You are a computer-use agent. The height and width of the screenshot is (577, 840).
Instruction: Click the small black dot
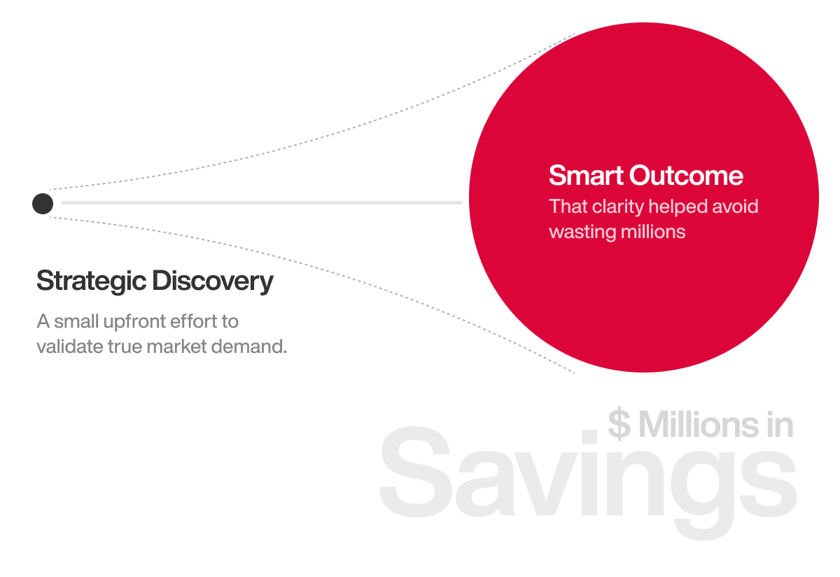tap(43, 204)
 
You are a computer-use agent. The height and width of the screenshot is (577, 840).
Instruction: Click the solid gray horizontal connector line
tap(262, 202)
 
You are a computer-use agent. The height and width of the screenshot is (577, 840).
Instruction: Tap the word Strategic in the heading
tap(91, 281)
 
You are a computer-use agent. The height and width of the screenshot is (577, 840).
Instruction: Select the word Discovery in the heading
tap(213, 281)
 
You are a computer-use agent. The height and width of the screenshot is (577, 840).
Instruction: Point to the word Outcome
tap(686, 175)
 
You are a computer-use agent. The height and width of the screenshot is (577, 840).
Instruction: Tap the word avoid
tap(735, 207)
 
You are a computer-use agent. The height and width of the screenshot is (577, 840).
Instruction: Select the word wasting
tap(582, 232)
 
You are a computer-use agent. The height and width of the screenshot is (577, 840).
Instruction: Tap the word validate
tap(69, 347)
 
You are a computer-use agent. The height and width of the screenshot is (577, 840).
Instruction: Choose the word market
tap(176, 347)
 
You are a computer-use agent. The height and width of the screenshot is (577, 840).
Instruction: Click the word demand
tap(249, 347)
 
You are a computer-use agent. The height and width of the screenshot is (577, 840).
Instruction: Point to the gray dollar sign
tap(619, 424)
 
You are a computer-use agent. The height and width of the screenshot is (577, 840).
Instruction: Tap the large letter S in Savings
tap(415, 472)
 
